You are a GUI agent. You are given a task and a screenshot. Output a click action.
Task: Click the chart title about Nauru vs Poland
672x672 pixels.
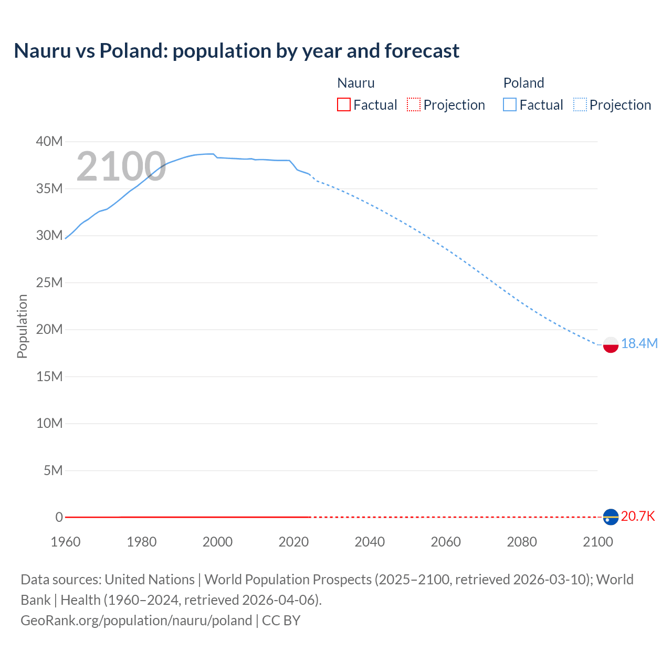coord(236,51)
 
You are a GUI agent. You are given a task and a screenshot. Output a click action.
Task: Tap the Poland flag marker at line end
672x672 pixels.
coord(611,344)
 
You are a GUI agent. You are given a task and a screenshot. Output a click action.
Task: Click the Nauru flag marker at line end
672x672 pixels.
coord(611,517)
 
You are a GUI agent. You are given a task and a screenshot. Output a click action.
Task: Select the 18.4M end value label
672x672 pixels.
coord(639,343)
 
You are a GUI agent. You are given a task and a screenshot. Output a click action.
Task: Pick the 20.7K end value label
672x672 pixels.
coord(638,516)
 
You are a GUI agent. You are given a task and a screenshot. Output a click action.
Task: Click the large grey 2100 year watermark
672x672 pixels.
coord(121,166)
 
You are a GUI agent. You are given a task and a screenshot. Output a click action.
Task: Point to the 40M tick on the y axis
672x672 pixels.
coord(49,142)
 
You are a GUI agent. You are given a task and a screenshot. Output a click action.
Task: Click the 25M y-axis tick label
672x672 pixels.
coord(49,283)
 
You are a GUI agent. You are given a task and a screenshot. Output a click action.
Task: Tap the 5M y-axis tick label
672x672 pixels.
coord(53,470)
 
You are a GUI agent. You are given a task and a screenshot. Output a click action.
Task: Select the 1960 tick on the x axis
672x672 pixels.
coord(66,542)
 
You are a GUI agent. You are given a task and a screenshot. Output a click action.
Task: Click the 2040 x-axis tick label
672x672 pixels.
coord(370,542)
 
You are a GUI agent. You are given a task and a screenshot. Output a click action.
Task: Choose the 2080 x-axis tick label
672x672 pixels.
coord(522,542)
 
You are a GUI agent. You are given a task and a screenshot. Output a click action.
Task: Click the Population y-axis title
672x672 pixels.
coord(22,326)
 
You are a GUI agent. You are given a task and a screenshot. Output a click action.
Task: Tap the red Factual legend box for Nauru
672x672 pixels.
coord(344,105)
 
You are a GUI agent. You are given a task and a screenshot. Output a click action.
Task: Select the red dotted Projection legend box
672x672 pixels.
coord(414,105)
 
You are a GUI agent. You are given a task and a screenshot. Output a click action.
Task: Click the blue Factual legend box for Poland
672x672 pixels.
coord(510,105)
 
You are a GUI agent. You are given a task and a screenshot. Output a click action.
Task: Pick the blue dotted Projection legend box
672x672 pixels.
coord(580,105)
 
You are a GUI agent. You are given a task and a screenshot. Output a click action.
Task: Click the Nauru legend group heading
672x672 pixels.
coord(356,83)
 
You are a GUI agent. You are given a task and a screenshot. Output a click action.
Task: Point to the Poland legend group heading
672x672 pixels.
coord(523,83)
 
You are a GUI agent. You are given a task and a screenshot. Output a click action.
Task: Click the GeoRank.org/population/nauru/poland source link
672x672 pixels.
coord(136,621)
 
